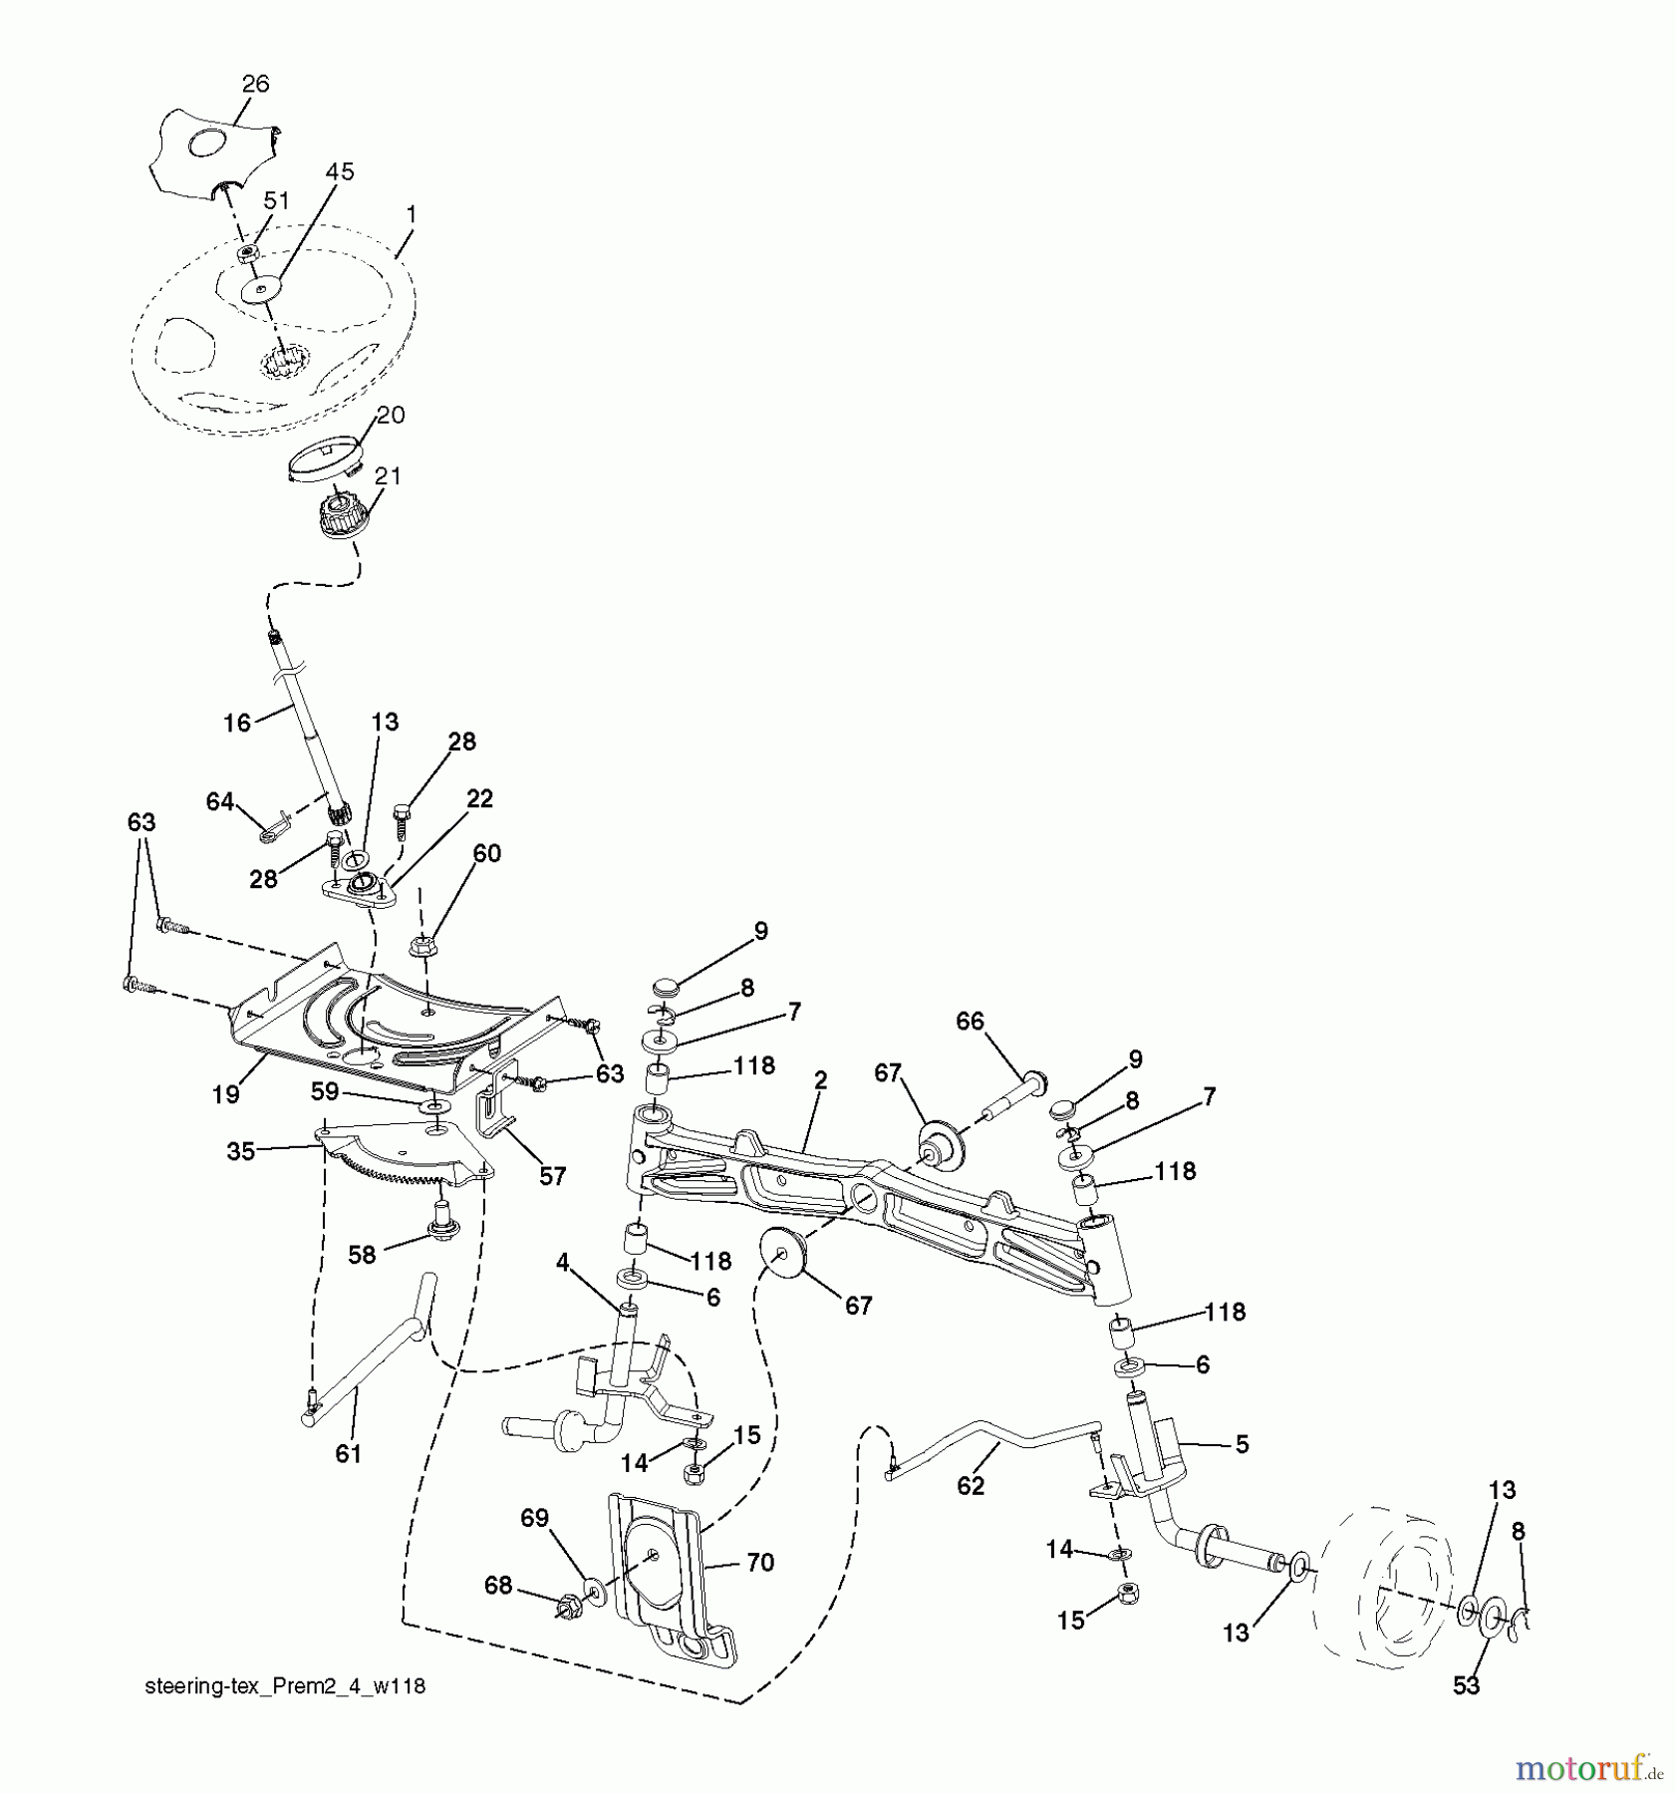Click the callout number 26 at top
(x=255, y=84)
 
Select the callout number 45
(x=339, y=171)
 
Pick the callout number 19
(x=225, y=1094)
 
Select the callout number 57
(x=552, y=1176)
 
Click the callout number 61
(x=348, y=1454)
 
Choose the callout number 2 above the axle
(x=820, y=1079)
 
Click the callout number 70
(x=759, y=1563)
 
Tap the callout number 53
(x=1466, y=1685)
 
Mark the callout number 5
(x=1242, y=1444)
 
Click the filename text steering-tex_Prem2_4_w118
(x=285, y=1686)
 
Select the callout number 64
(x=219, y=801)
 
